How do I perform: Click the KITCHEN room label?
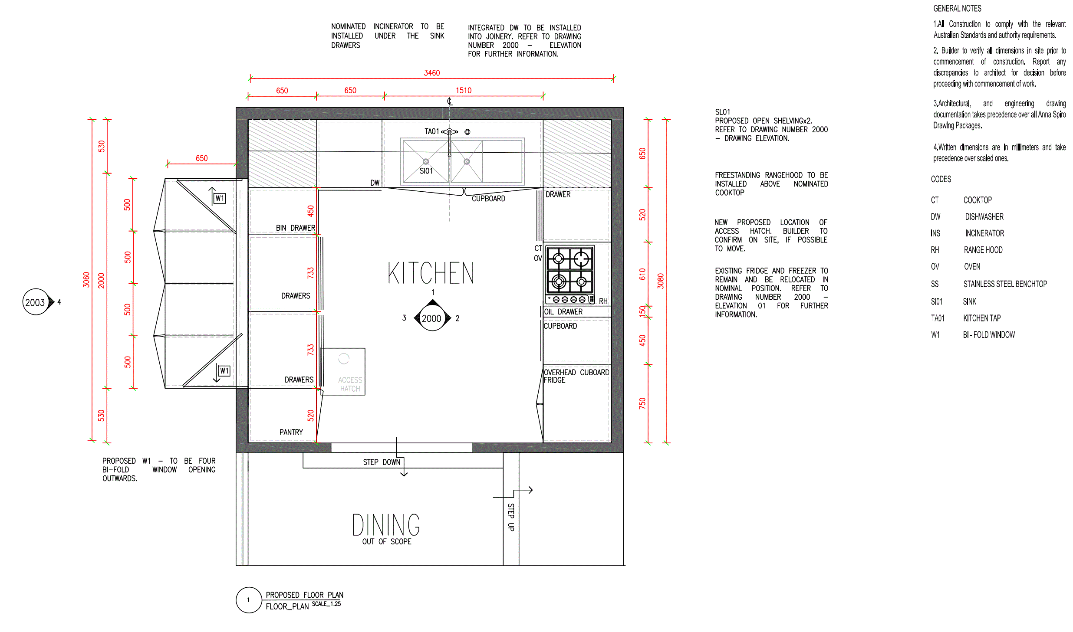pos(431,273)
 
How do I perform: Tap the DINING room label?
pos(386,525)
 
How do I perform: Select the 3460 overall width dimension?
pos(432,73)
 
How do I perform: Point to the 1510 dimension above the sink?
pos(464,91)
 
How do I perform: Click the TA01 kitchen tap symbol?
pos(450,132)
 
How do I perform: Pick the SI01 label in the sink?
pos(426,171)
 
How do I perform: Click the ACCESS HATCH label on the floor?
pos(350,384)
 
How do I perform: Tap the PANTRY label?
pos(291,432)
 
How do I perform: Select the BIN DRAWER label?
pos(296,228)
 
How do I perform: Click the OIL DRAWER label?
pos(563,312)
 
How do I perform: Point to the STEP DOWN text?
pos(382,462)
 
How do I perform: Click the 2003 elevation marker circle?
pos(36,302)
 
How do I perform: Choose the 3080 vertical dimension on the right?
pos(661,281)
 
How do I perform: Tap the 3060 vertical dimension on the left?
pos(86,280)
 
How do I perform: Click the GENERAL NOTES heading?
pos(957,8)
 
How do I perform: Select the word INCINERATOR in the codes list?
pos(984,233)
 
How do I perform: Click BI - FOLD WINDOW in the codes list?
pos(989,335)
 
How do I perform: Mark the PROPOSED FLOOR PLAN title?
pos(305,595)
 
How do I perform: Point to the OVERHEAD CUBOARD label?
pos(576,372)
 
